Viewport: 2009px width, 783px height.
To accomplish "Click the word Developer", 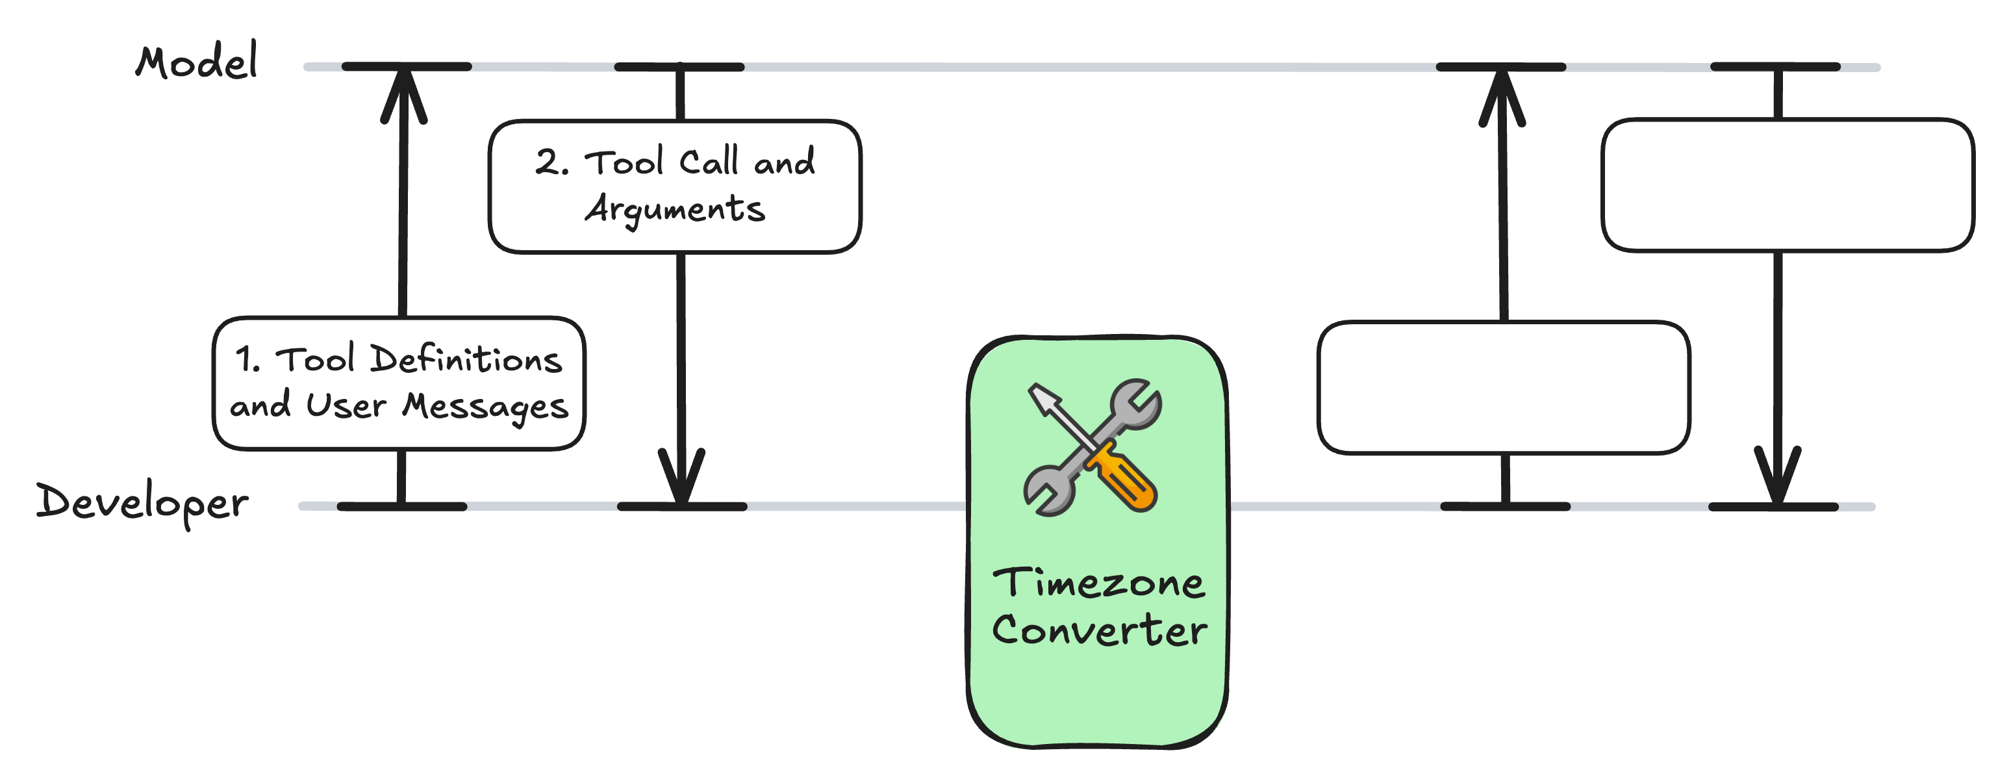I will [142, 502].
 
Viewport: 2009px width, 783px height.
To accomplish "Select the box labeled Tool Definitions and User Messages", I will [399, 383].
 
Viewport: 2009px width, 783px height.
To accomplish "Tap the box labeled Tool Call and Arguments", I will [675, 186].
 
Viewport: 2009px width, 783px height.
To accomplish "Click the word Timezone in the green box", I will [1098, 583].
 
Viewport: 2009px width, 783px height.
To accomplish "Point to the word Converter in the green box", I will [1099, 630].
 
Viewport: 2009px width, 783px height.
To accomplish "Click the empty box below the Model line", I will [1788, 186].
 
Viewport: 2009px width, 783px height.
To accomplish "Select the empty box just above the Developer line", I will [1504, 387].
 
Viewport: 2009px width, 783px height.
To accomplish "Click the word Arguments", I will [676, 209].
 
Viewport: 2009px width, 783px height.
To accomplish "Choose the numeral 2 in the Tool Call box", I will [548, 162].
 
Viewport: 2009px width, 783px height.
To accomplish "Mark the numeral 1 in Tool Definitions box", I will [246, 359].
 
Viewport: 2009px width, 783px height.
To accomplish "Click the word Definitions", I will [466, 359].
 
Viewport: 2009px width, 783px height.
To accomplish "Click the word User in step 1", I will [346, 405].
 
